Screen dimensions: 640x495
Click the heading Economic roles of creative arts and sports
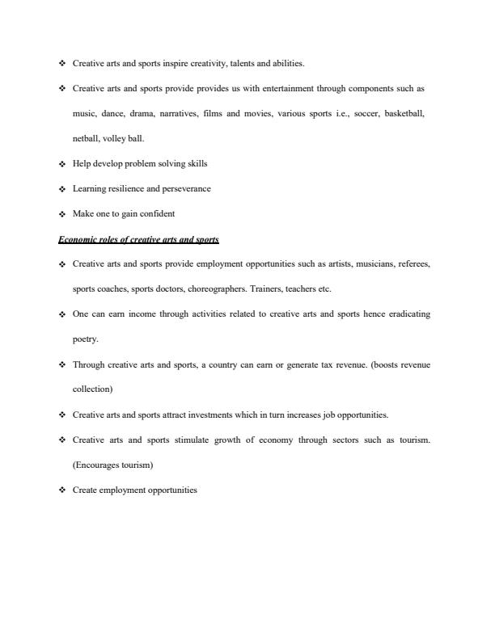[x=138, y=239]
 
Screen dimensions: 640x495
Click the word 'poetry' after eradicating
[x=85, y=339]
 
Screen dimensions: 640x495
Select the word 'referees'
[x=412, y=263]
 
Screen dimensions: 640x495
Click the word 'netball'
[x=85, y=138]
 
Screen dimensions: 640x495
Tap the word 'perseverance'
[x=184, y=188]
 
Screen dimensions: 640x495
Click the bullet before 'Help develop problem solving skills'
[x=62, y=164]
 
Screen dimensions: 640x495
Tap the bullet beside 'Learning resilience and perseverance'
[x=62, y=189]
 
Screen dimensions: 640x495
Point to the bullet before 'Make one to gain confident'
[x=62, y=214]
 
